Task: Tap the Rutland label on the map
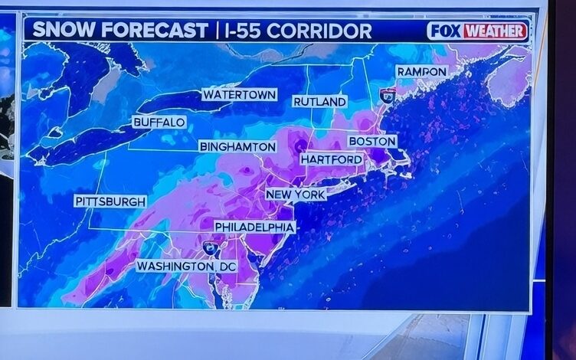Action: (x=319, y=102)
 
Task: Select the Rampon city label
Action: (x=421, y=71)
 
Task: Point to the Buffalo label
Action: (x=159, y=123)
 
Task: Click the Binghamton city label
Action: (x=237, y=146)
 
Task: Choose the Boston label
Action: (x=372, y=142)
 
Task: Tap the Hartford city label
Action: (x=331, y=159)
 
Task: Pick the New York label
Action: (x=296, y=195)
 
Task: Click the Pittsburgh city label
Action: (x=110, y=201)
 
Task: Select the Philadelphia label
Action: (x=254, y=227)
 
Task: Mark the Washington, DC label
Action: (x=187, y=267)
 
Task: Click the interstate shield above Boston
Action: (x=388, y=96)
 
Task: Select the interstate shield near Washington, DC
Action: (x=210, y=247)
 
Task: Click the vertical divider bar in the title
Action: (x=218, y=31)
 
